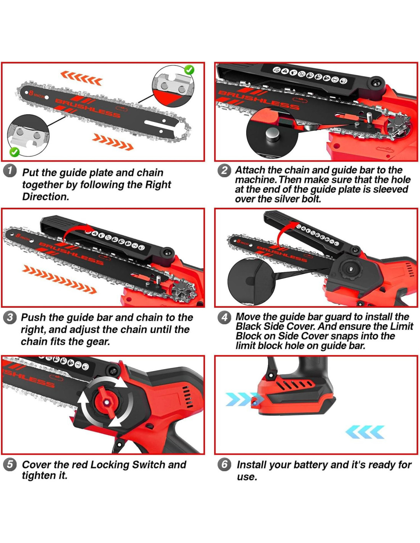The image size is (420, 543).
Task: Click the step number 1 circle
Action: point(10,171)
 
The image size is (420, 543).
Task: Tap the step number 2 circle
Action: point(224,171)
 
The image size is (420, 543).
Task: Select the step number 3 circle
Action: point(10,318)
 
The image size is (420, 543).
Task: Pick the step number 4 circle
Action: point(224,318)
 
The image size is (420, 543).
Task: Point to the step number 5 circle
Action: point(10,465)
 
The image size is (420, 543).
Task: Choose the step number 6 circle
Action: point(224,465)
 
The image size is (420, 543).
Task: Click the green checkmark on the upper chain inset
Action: point(189,70)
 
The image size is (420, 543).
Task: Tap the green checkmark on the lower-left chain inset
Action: point(14,152)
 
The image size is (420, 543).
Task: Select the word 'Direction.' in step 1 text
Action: point(45,197)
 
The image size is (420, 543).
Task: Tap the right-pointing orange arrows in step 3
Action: point(59,279)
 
